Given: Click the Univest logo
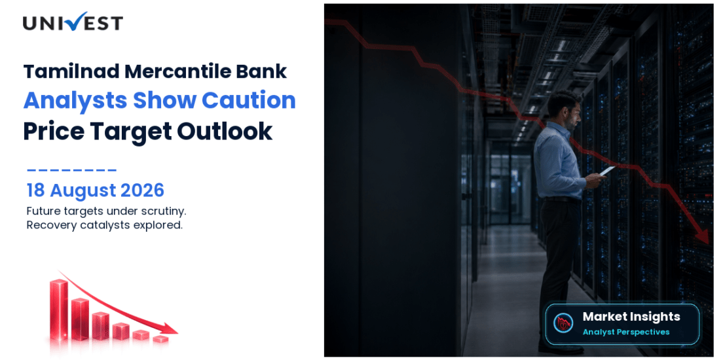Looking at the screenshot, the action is coord(73,22).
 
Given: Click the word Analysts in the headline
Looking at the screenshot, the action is coord(73,101).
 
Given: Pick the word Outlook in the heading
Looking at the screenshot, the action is coord(225,131).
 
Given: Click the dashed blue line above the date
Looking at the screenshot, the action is coord(72,170).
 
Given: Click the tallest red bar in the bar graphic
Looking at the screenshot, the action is coord(59,309).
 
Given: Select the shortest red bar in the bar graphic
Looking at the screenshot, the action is coord(160,338).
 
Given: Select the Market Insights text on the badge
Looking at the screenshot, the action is coord(631,317).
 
